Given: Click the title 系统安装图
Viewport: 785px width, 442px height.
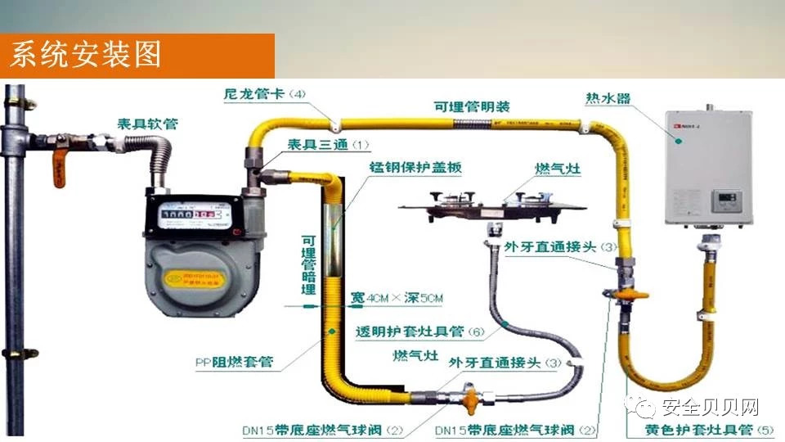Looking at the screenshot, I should click(x=85, y=55).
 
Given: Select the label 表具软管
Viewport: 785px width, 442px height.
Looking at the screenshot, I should click(x=147, y=124).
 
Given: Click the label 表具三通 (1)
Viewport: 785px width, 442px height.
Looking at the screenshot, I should click(x=328, y=145).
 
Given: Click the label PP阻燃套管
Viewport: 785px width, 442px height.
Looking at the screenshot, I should click(x=234, y=360).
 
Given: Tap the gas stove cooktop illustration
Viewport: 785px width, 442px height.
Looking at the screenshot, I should click(x=491, y=200).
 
